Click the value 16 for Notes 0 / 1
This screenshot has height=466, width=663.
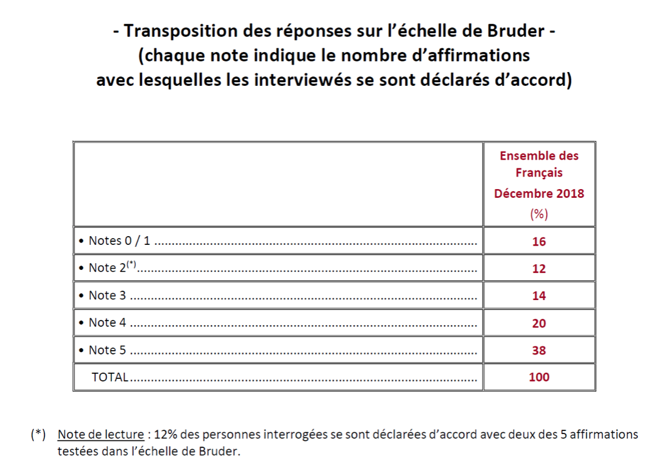[x=538, y=242]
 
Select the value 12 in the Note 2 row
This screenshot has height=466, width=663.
[x=538, y=269]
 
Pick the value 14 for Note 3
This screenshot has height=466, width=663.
[x=538, y=296]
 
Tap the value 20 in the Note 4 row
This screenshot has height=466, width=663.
[x=538, y=323]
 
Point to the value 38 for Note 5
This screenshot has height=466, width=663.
[x=538, y=350]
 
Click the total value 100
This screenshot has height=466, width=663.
[x=538, y=377]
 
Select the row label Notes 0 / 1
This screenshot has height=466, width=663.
[x=119, y=241]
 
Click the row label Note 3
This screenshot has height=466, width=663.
[x=108, y=295]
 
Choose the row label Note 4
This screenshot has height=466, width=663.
[x=108, y=322]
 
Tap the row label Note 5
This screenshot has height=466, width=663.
[x=108, y=350]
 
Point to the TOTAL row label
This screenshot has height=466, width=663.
[x=110, y=377]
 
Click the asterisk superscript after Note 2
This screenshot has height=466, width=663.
[x=131, y=264]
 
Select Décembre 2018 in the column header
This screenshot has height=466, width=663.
[x=538, y=194]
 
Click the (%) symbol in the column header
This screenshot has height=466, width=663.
[x=538, y=214]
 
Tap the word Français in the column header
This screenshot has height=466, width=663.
[x=538, y=173]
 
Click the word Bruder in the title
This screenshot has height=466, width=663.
[x=516, y=31]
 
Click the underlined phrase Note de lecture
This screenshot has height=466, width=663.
[x=101, y=434]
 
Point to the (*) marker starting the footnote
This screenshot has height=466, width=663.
[x=38, y=434]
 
